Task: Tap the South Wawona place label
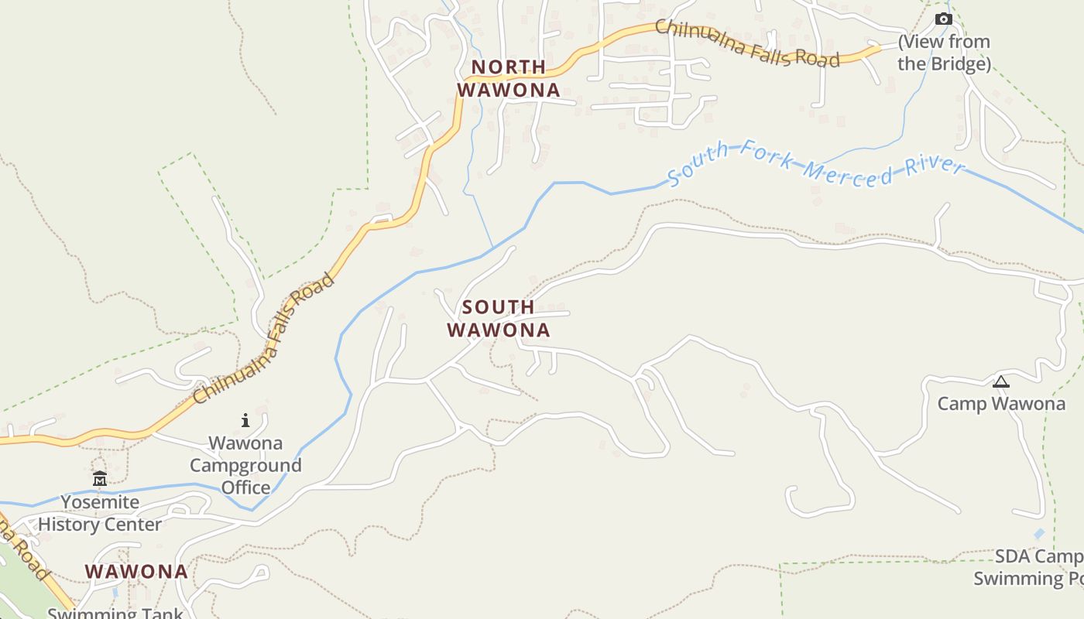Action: [x=499, y=319]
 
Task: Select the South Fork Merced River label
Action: [x=816, y=164]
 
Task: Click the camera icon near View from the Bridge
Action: [x=943, y=19]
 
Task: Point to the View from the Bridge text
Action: [x=944, y=53]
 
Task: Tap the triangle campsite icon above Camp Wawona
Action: [x=1000, y=381]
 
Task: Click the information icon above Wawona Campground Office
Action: [x=245, y=420]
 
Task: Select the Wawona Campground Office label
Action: [x=245, y=465]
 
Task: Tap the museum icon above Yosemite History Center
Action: [x=100, y=479]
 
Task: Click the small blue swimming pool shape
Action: [x=1038, y=534]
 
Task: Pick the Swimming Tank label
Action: [x=115, y=614]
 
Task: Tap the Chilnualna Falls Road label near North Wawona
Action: [x=747, y=43]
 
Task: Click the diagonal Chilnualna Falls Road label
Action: [x=264, y=338]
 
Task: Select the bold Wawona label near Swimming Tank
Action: [x=136, y=572]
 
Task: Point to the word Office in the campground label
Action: [x=246, y=487]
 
